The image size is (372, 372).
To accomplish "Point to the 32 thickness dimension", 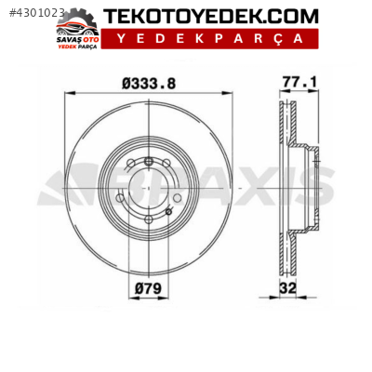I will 289,288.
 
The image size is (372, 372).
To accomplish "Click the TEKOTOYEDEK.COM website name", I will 210,17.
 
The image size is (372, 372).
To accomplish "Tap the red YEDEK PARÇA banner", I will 209,39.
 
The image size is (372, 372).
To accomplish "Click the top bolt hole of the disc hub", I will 149,164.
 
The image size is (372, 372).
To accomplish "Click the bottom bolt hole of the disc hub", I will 149,221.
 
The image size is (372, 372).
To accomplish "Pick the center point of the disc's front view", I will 149,193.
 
